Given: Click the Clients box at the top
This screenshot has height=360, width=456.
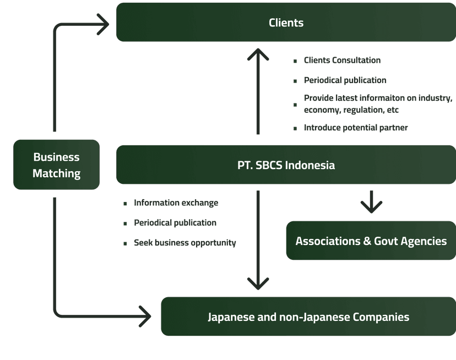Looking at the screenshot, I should tap(286, 23).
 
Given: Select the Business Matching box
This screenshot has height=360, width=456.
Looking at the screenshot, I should tap(56, 165).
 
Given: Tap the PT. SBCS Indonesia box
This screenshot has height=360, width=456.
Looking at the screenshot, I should tap(286, 165).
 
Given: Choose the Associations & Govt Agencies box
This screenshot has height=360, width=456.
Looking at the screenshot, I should tap(371, 241).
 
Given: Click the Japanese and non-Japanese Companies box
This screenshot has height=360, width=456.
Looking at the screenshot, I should tap(308, 317).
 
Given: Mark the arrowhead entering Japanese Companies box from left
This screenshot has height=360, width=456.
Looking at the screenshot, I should tap(145, 317).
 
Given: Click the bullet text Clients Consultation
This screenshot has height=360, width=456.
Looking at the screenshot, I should tap(342, 61).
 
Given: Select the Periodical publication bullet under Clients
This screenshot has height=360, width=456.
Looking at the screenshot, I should tap(345, 80).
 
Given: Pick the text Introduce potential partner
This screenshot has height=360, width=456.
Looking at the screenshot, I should tap(356, 128).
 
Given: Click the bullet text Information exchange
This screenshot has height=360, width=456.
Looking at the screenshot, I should tap(176, 203).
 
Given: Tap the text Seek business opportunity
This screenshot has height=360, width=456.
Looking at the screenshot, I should tap(184, 243).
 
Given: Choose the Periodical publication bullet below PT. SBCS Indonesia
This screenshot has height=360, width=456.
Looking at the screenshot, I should tap(175, 223).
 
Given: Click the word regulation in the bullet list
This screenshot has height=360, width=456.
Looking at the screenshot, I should tap(362, 110).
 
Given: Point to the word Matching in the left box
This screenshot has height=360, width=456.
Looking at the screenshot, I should tap(56, 174).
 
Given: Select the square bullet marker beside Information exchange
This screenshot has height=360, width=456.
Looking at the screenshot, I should tap(125, 204).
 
